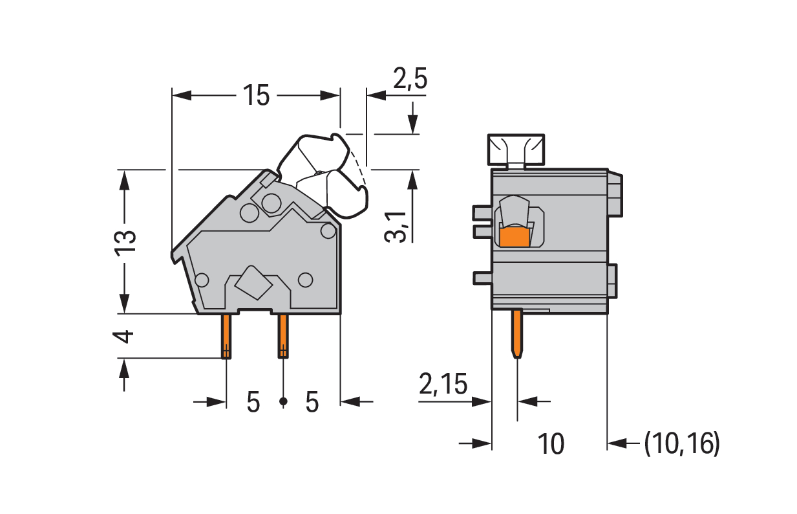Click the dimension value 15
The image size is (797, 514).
(x=256, y=96)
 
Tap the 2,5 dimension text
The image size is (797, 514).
(x=410, y=79)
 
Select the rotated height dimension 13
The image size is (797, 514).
(x=125, y=241)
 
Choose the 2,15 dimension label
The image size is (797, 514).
(x=443, y=385)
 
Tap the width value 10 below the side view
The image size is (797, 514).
(x=551, y=444)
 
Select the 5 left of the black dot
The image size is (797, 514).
(x=253, y=403)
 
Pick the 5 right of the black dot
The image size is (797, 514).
(x=312, y=403)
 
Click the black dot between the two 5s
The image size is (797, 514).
(x=282, y=403)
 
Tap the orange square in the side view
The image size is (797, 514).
(x=515, y=237)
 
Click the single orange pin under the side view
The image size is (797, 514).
(x=518, y=333)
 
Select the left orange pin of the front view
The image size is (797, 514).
(x=226, y=336)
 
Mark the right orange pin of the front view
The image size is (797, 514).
(x=283, y=336)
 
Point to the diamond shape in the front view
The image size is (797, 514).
(x=252, y=283)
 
